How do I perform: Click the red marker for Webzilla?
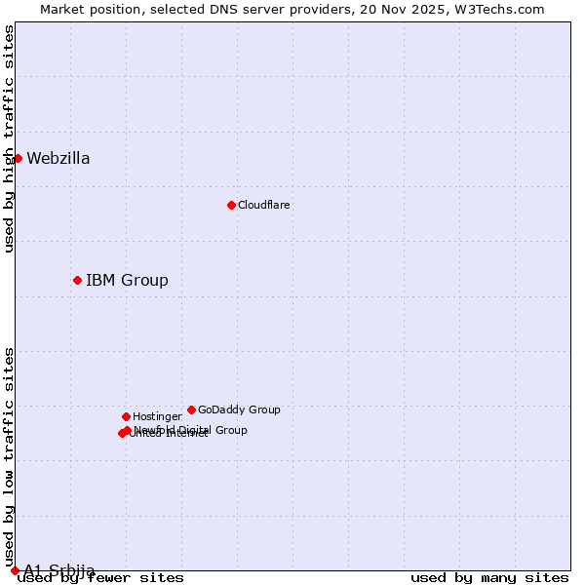point(18,158)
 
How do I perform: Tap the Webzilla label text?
point(58,159)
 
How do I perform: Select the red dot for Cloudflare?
point(231,205)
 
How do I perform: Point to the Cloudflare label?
point(263,206)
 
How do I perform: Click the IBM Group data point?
point(77,280)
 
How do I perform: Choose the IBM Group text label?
point(127,281)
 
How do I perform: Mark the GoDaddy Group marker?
point(191,409)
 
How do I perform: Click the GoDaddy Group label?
point(239,410)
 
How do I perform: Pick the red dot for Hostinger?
point(126,416)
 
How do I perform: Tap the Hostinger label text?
point(157,417)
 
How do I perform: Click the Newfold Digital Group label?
point(191,429)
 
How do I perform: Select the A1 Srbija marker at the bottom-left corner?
point(15,570)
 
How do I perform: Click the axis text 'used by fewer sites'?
point(100,578)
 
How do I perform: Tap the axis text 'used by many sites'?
point(489,578)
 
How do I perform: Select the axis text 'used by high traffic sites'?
point(10,138)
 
